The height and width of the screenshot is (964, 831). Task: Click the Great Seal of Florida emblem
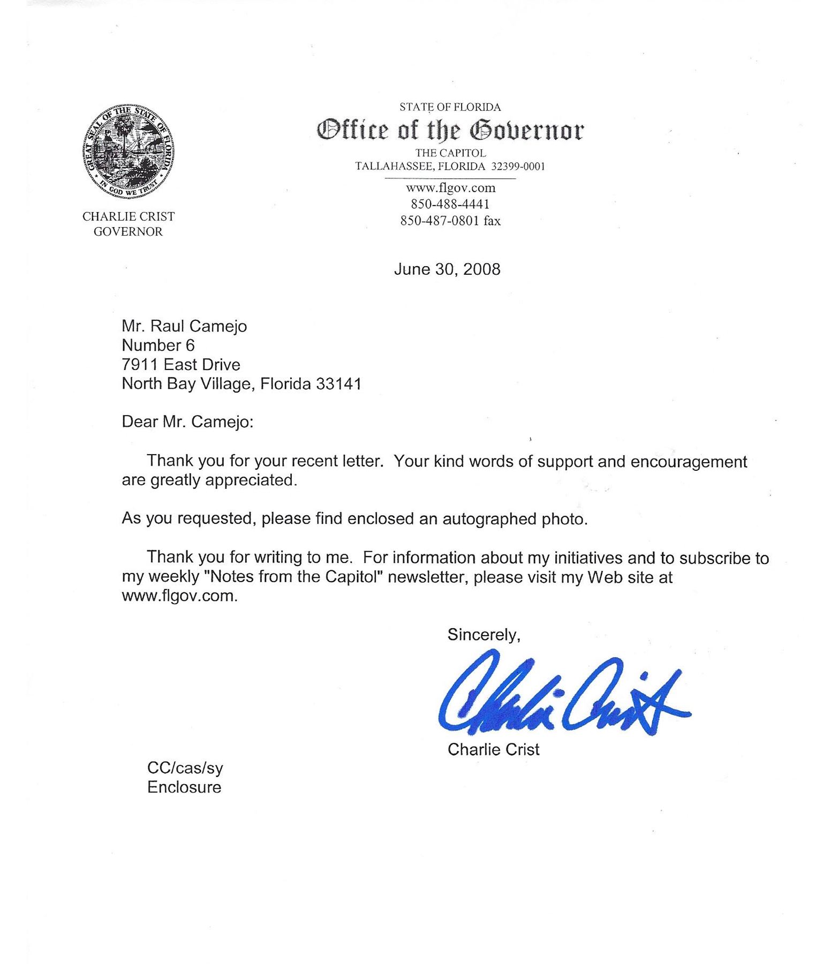click(x=129, y=149)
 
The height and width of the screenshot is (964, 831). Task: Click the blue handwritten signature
click(x=562, y=694)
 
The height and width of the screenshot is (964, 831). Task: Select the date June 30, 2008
click(x=447, y=269)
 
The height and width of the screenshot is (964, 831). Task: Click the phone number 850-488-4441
click(x=450, y=204)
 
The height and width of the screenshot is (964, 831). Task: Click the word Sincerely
click(x=484, y=635)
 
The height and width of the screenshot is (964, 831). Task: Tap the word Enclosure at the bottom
click(x=184, y=787)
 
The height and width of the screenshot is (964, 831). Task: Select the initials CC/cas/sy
click(x=185, y=768)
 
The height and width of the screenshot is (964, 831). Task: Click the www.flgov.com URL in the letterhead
click(x=450, y=188)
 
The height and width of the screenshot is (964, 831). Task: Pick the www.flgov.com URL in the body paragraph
click(x=179, y=596)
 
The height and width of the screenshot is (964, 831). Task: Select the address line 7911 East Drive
click(x=181, y=365)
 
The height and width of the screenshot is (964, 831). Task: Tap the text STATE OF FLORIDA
click(x=450, y=107)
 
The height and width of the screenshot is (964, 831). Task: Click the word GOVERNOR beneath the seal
click(x=128, y=232)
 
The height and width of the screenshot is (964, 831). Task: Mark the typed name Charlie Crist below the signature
click(x=493, y=749)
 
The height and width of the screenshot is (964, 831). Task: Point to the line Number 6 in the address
click(x=158, y=345)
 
